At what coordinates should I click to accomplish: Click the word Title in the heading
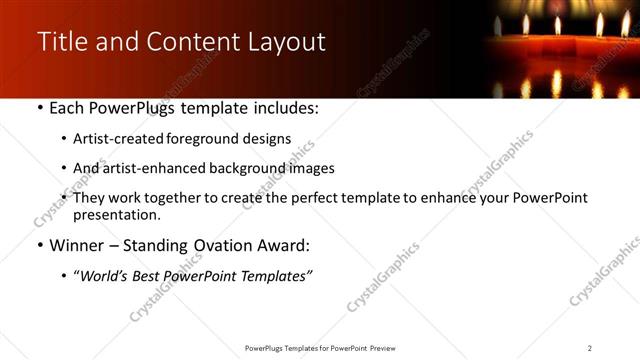pos(60,42)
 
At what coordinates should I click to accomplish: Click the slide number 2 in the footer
pos(590,348)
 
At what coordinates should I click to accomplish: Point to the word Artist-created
pos(114,139)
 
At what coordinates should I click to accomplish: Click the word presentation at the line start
pos(117,214)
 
